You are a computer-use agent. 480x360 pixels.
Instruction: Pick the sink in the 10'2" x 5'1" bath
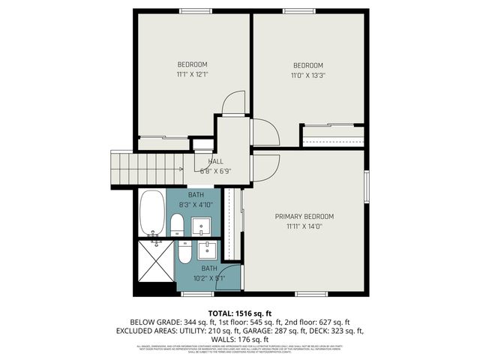207,250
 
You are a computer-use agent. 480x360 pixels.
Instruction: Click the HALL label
216,161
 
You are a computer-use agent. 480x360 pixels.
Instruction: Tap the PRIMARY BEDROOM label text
304,217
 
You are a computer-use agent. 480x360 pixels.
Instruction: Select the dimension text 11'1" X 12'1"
192,74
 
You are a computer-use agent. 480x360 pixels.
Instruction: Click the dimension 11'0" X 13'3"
307,75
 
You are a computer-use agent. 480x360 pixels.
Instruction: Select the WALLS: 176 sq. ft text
240,340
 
